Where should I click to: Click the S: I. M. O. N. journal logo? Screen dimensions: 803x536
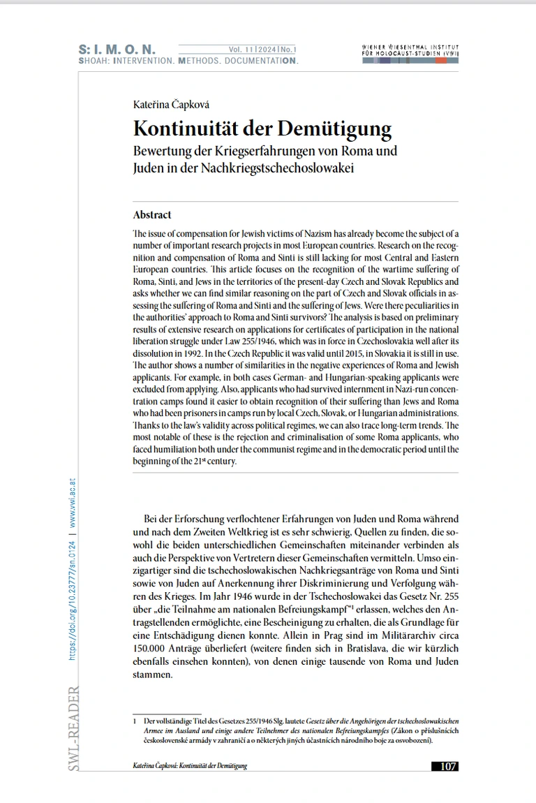coord(117,50)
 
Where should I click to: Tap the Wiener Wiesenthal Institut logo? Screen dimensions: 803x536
coord(411,53)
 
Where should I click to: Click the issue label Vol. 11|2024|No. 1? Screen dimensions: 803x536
coord(262,50)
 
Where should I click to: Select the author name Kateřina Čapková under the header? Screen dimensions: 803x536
coord(171,105)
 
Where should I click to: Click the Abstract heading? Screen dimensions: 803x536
coord(152,215)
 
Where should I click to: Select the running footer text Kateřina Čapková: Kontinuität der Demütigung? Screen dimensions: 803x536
coord(190,766)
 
